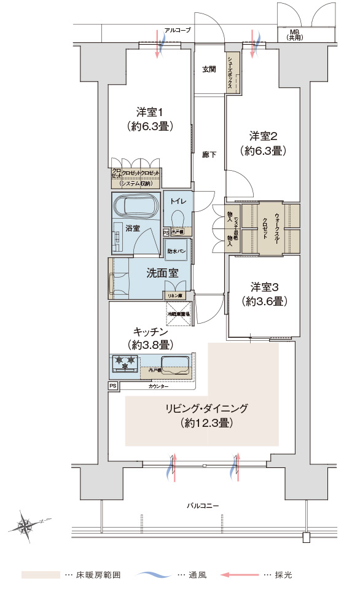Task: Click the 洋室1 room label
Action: click(x=149, y=112)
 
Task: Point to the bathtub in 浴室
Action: click(x=135, y=206)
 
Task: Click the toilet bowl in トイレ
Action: click(x=178, y=218)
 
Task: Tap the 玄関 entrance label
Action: click(x=209, y=69)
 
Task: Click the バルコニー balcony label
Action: click(x=203, y=505)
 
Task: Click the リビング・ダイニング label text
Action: click(x=206, y=408)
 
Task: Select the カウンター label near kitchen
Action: click(x=158, y=387)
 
